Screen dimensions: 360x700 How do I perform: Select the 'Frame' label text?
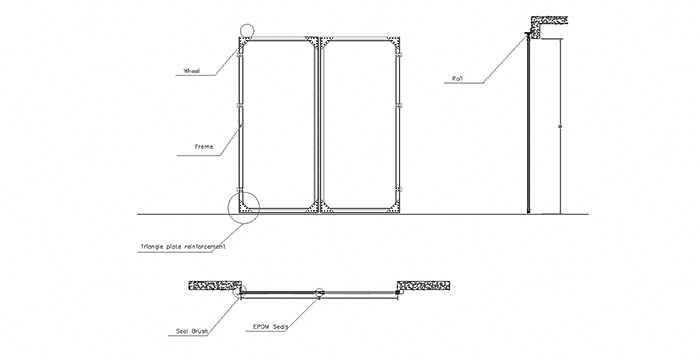click(204, 147)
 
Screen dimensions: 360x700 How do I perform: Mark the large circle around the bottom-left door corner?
click(243, 205)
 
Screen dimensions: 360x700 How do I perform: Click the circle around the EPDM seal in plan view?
click(319, 294)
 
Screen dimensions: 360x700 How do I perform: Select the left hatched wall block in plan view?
click(213, 287)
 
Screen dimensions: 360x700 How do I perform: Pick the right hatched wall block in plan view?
click(423, 287)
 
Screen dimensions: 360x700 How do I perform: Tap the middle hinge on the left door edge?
click(239, 103)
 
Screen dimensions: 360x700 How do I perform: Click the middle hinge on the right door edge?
click(400, 103)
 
